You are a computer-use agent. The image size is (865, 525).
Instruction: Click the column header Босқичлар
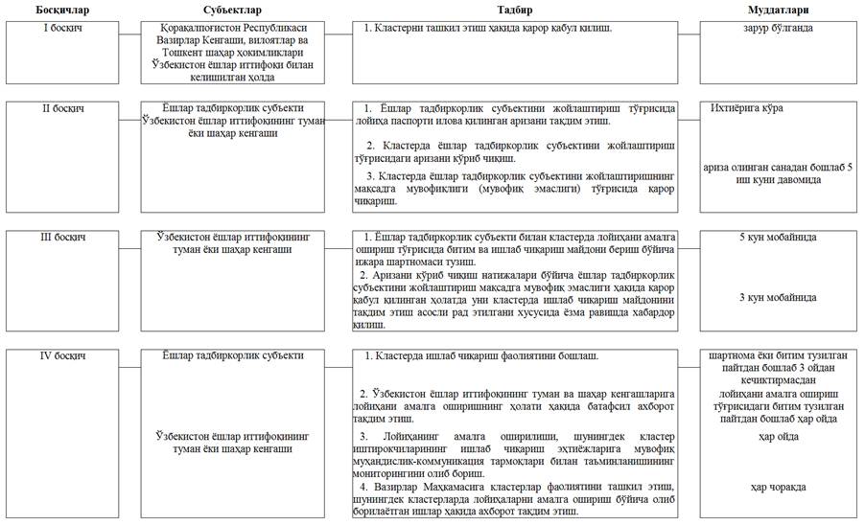tap(64, 10)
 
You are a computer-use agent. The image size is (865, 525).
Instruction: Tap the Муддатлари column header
tap(778, 10)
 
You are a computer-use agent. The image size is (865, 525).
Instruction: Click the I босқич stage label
tap(64, 30)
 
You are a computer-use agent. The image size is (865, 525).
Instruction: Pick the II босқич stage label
tap(64, 108)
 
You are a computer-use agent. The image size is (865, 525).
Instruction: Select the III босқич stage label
tap(64, 236)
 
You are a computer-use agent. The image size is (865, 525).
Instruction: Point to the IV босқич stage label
tap(64, 356)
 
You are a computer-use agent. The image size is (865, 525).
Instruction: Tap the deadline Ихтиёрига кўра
tap(748, 108)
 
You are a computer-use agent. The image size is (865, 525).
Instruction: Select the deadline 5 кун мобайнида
tap(778, 237)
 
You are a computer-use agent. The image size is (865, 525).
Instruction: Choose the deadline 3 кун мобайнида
tap(778, 298)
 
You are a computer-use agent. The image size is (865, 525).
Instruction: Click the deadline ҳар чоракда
tap(778, 487)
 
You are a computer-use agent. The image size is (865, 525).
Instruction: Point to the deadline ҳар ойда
tap(778, 436)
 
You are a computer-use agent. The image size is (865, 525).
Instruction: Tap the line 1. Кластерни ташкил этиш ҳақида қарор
tap(488, 30)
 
